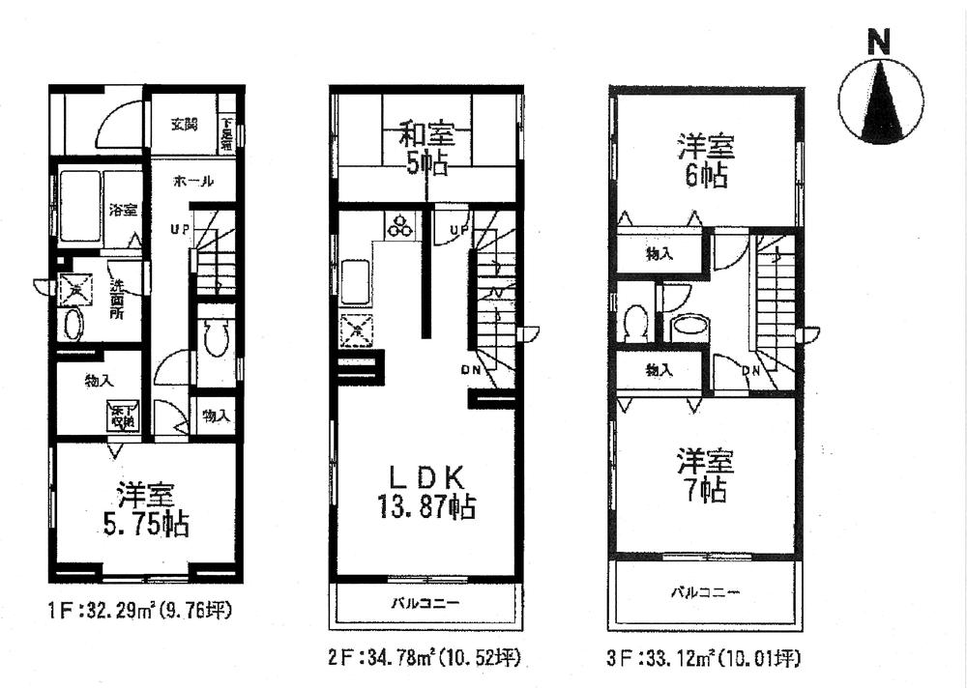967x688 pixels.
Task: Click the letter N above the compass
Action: [x=878, y=43]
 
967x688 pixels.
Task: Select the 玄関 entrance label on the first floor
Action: [x=185, y=125]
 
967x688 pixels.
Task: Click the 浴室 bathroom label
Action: [x=122, y=209]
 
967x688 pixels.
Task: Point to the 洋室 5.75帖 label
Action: [x=145, y=510]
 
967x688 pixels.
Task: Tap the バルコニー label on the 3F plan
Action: [x=707, y=591]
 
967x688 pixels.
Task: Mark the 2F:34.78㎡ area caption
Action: [x=426, y=660]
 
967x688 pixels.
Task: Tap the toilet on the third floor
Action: [x=636, y=323]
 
